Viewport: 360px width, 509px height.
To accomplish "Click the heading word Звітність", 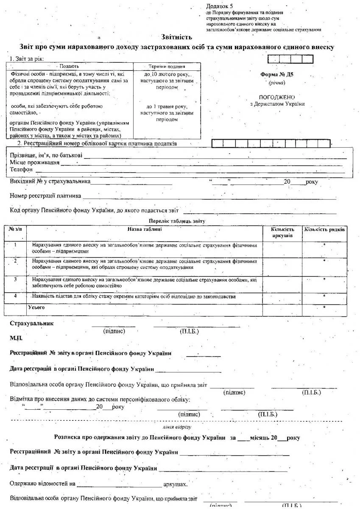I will tap(177, 37).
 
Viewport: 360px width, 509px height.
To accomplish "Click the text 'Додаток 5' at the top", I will tap(220, 6).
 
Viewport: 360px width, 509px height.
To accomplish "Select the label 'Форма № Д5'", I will tap(277, 75).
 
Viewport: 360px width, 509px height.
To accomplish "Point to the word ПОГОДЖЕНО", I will tap(277, 97).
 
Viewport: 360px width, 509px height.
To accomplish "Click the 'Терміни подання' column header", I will tap(167, 67).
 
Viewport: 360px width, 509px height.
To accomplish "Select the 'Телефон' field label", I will tap(21, 170).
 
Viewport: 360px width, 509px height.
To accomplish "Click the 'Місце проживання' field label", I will tap(34, 163).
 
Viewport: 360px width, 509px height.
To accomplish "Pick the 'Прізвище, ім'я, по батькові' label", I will tap(46, 156).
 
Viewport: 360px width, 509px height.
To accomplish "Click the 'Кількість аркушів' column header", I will tap(282, 232).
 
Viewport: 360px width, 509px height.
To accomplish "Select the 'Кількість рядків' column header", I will tap(324, 229).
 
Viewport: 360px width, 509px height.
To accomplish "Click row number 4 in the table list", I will tap(15, 296).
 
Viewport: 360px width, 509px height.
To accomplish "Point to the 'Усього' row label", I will tap(36, 307).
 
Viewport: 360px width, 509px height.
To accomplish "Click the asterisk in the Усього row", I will tap(324, 307).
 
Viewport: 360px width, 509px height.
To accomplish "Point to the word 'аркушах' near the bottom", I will tap(175, 484).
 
